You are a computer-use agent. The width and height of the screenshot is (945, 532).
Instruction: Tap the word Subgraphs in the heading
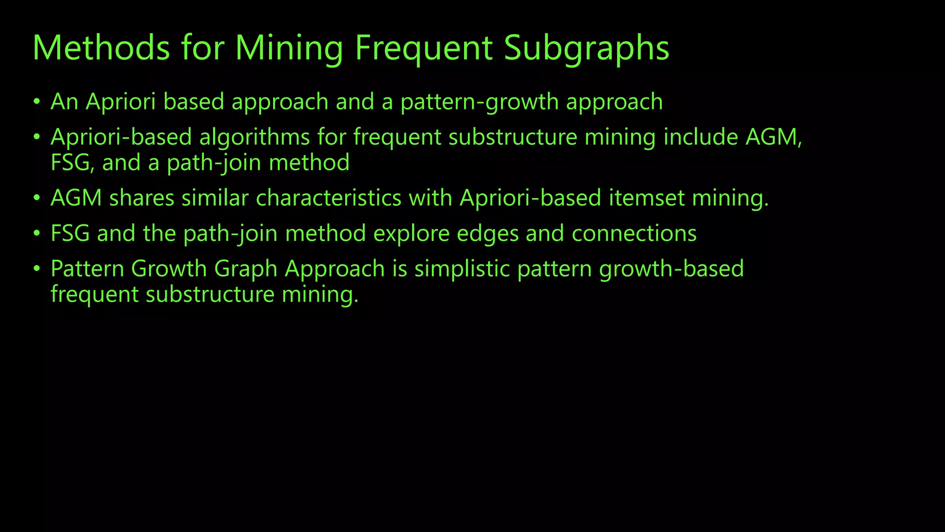pyautogui.click(x=586, y=48)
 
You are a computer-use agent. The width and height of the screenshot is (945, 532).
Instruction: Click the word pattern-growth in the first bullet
pyautogui.click(x=479, y=102)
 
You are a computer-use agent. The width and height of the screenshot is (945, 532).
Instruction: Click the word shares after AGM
pyautogui.click(x=142, y=198)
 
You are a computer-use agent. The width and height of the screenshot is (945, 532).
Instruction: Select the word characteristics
pyautogui.click(x=329, y=198)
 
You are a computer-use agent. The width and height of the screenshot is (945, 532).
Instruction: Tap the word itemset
pyautogui.click(x=646, y=198)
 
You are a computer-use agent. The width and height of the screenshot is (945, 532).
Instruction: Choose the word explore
pyautogui.click(x=411, y=234)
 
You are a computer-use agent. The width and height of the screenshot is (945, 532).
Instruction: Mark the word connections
pyautogui.click(x=634, y=234)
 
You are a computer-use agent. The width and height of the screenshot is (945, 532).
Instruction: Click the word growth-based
pyautogui.click(x=671, y=269)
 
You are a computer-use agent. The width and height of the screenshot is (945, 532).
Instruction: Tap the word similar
pyautogui.click(x=215, y=198)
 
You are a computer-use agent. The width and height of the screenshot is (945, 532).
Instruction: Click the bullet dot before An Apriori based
pyautogui.click(x=37, y=102)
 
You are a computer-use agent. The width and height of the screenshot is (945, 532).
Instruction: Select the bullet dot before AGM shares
pyautogui.click(x=37, y=199)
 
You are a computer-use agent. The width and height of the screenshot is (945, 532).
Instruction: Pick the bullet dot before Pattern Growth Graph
pyautogui.click(x=37, y=270)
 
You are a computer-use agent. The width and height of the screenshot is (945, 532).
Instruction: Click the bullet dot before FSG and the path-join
pyautogui.click(x=37, y=234)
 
